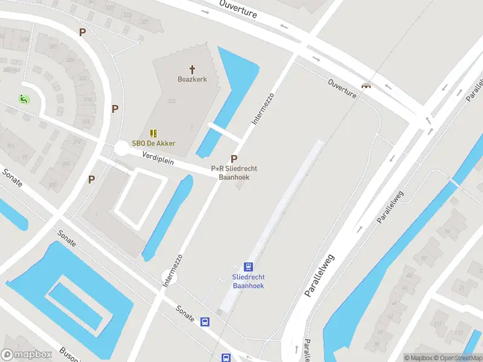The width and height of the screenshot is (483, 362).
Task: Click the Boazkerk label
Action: [193, 80]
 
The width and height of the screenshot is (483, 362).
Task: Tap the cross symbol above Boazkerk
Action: [193, 69]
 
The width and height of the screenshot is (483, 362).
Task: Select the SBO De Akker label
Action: [154, 143]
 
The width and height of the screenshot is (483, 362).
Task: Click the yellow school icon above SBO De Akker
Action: [154, 133]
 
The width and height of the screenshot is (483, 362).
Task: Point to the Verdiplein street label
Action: [158, 159]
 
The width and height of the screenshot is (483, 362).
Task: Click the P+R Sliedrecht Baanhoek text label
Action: [234, 173]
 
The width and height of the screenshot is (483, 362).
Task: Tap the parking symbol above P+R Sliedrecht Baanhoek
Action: [234, 159]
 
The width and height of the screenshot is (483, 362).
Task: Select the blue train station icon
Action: [248, 267]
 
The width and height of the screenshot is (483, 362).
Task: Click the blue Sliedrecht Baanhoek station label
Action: [248, 281]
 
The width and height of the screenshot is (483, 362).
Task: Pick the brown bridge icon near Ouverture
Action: [365, 85]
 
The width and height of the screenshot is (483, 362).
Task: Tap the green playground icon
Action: [24, 99]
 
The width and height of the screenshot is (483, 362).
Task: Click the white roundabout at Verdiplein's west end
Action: [122, 147]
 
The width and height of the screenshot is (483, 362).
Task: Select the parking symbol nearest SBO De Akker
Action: [115, 109]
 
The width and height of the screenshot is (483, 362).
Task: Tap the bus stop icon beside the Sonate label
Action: [205, 322]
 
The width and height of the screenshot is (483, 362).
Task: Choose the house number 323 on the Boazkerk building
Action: [171, 101]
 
